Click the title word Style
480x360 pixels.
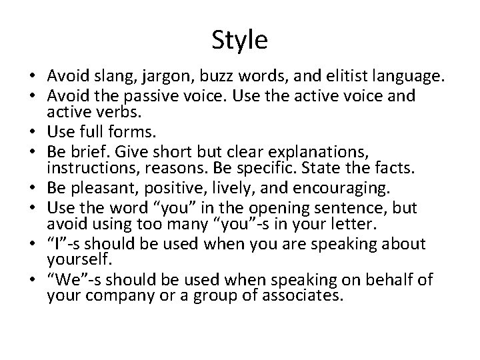pos(240,41)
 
